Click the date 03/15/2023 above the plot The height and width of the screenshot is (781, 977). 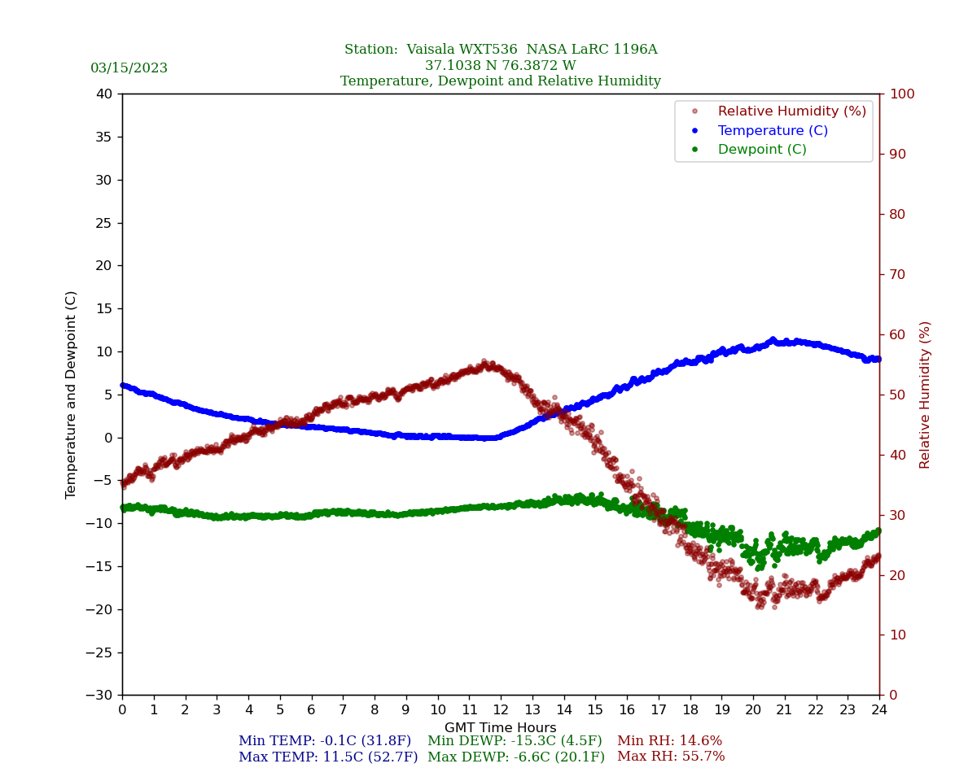[x=129, y=68]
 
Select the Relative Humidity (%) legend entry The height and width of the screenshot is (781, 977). [x=791, y=111]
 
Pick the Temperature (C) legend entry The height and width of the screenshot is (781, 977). [x=772, y=131]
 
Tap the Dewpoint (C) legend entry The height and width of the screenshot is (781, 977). [x=761, y=150]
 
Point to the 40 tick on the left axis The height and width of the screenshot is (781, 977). [x=103, y=94]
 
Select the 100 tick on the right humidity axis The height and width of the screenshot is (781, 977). [x=901, y=94]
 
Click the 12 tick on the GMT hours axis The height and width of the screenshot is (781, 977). [x=501, y=709]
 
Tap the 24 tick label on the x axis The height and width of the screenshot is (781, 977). [x=879, y=709]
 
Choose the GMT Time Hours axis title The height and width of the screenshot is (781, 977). [x=501, y=728]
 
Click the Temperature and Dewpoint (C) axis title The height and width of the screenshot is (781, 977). [x=72, y=395]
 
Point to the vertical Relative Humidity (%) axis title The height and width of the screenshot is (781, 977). [x=925, y=395]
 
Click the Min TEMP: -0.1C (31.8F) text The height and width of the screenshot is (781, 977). [x=325, y=741]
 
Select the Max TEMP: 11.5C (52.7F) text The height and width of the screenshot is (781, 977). [x=328, y=757]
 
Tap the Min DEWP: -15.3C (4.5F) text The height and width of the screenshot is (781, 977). [x=515, y=741]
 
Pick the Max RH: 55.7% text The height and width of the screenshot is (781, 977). [x=671, y=757]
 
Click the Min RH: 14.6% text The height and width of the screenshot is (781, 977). [x=669, y=741]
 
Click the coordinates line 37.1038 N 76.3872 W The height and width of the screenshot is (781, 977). [x=501, y=66]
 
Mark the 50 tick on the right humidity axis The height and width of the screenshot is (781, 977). [x=898, y=395]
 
